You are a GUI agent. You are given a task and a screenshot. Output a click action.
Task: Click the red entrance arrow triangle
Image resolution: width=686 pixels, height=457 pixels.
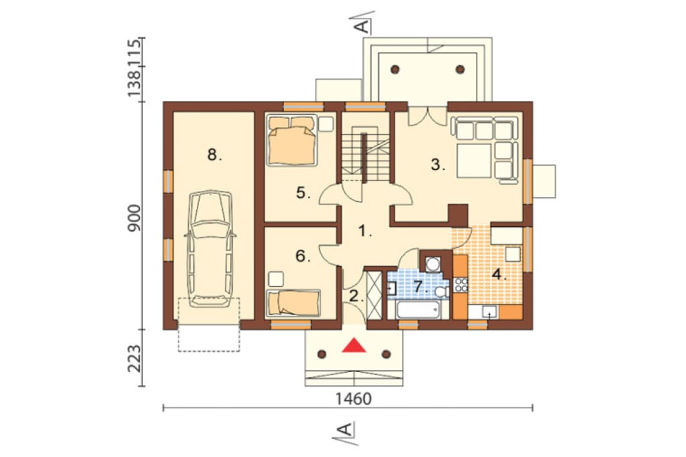tap(354, 345)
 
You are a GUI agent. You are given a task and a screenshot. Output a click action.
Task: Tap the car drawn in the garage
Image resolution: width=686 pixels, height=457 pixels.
tap(209, 248)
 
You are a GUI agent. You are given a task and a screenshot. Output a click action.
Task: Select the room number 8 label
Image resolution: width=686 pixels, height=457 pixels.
tap(214, 154)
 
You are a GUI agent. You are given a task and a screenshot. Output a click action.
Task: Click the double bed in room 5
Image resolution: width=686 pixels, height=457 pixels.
tap(292, 141)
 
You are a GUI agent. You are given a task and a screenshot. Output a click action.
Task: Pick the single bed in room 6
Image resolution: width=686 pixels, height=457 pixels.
tap(294, 303)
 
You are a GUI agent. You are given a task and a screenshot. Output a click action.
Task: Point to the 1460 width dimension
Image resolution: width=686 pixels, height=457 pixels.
tap(353, 399)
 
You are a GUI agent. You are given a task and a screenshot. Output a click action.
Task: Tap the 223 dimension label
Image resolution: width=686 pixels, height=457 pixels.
tap(134, 359)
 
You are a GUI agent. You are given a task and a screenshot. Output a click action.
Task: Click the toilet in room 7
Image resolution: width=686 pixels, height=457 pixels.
tap(442, 292)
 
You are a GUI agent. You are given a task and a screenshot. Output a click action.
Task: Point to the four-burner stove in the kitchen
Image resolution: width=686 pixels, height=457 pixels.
tap(461, 285)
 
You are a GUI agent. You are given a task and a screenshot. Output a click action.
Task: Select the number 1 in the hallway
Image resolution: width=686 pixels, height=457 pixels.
tap(364, 231)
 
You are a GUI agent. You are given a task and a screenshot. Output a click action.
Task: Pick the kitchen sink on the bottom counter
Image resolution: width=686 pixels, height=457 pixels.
tap(489, 312)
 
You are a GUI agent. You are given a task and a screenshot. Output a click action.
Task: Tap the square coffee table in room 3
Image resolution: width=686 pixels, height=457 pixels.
tap(474, 161)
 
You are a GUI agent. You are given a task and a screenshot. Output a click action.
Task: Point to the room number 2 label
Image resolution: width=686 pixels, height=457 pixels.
tap(357, 297)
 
